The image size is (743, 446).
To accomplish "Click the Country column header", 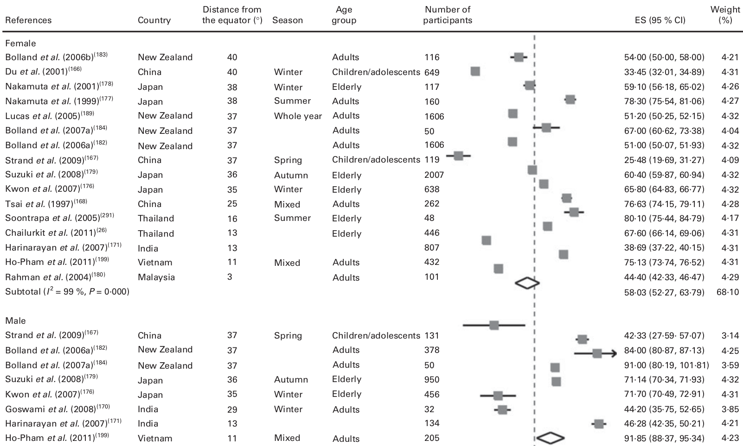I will point(154,20).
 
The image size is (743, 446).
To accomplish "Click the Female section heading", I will point(20,43).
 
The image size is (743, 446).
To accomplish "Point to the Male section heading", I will point(15,320).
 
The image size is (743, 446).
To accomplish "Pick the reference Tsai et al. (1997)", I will point(46,204).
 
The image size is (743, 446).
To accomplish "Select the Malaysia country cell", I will point(156,277).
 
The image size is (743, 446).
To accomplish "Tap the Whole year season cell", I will point(298,116).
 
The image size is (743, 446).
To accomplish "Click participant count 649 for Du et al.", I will point(432,72).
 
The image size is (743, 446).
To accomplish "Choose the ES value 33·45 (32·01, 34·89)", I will point(664,72).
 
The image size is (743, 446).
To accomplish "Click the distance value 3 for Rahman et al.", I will point(230,277).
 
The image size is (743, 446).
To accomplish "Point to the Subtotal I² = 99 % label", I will point(67,292).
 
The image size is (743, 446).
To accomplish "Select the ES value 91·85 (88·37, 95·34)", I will point(664,438).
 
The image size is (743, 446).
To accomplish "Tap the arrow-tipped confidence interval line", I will point(596,353).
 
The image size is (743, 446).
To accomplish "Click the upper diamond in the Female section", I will point(527,283).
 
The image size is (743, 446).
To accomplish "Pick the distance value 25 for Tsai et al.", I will point(232,204).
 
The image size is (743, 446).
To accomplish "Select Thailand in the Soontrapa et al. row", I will point(156,219).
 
